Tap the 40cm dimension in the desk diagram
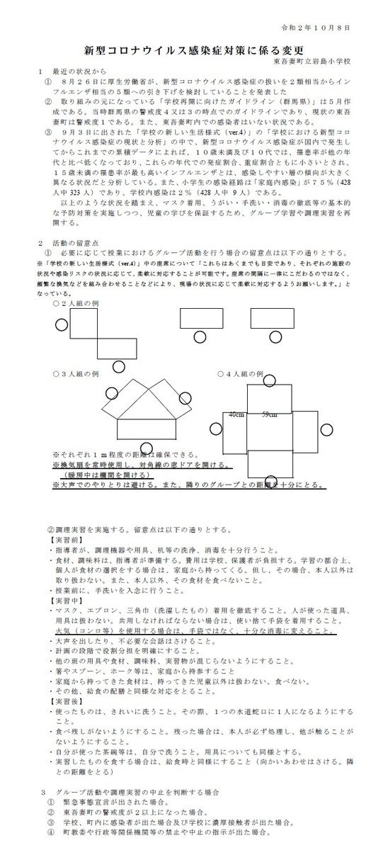click(x=236, y=414)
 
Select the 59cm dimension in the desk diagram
click(x=269, y=414)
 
